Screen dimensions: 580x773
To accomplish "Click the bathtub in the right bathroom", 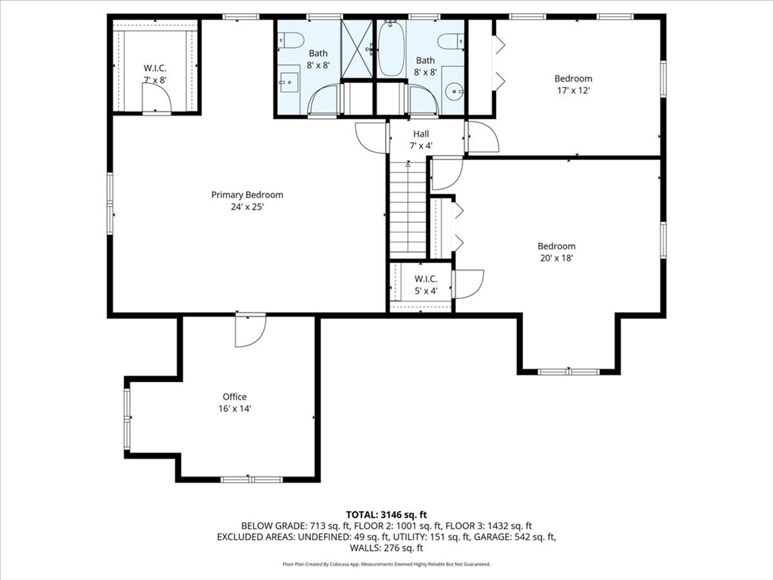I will [x=391, y=49].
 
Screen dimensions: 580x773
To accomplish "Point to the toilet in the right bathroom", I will [x=451, y=42].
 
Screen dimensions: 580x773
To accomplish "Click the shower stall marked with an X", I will [x=357, y=47].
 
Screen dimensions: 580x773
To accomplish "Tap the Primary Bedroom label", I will [x=247, y=195].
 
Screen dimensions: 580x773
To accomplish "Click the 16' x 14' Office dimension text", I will [x=235, y=409].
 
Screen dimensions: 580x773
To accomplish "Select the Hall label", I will [x=420, y=134].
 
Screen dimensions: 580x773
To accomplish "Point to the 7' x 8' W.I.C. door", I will [x=156, y=97].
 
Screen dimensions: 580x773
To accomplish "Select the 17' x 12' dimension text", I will [x=573, y=91].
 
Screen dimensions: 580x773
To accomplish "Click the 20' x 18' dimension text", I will [x=556, y=258].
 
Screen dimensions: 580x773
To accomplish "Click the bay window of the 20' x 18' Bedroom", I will [x=568, y=371].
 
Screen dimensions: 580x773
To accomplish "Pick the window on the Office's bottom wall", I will [x=251, y=479].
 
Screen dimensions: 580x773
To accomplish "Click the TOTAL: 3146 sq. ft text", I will [x=386, y=513].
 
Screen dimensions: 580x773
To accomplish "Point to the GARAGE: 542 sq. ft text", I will [x=519, y=537].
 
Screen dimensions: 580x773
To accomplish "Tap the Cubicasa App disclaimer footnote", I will [x=386, y=564].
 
